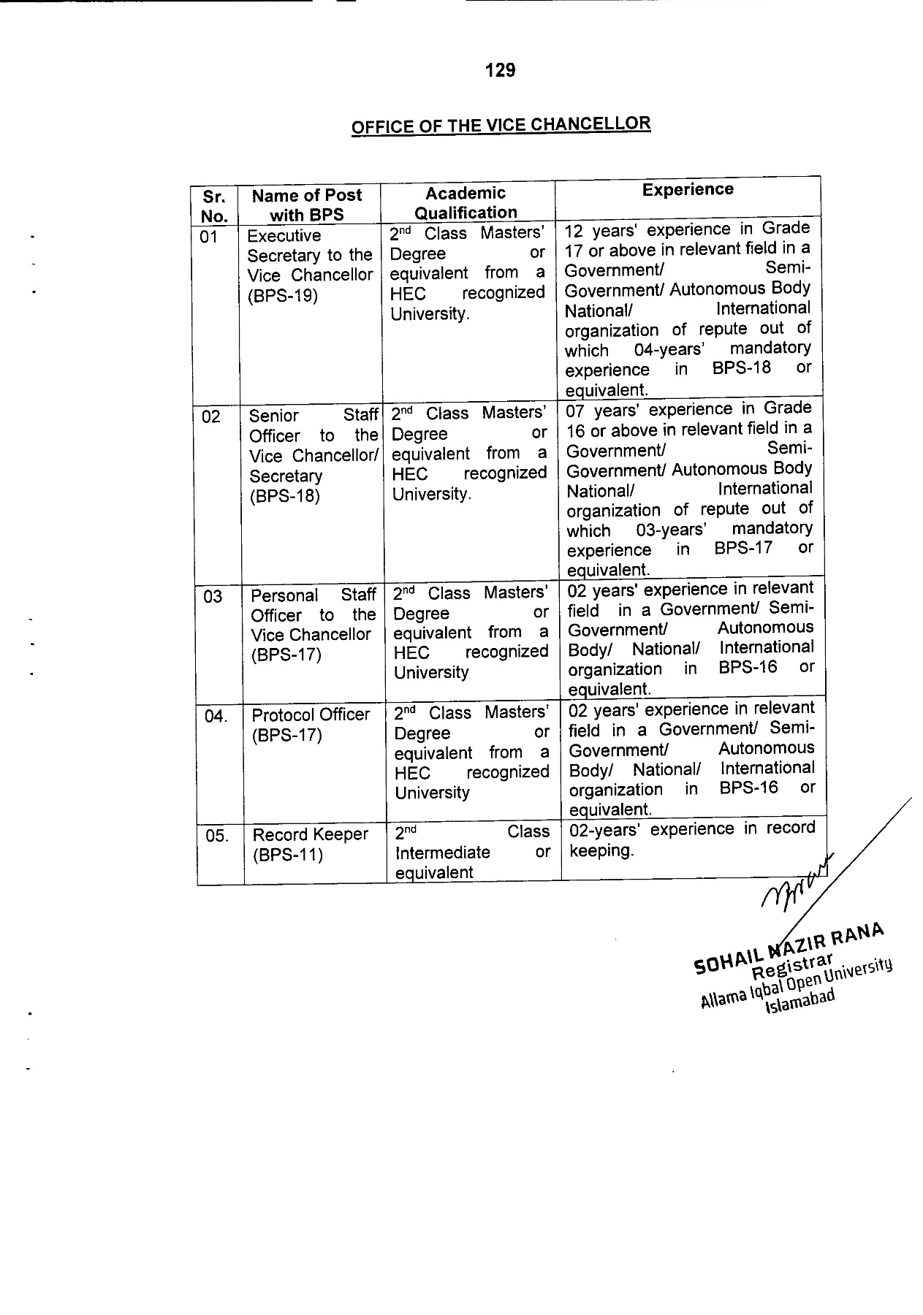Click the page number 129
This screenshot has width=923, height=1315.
500,71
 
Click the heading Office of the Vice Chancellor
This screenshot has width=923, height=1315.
501,125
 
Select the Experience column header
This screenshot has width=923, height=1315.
688,190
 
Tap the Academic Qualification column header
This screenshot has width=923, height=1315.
466,203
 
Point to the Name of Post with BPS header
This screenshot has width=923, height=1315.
307,205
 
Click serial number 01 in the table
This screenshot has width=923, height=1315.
209,237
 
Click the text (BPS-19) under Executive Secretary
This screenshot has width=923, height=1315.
282,296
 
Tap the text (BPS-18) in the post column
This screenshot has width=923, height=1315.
284,496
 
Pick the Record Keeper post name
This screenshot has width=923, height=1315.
311,835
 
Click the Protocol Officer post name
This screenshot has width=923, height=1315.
311,714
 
